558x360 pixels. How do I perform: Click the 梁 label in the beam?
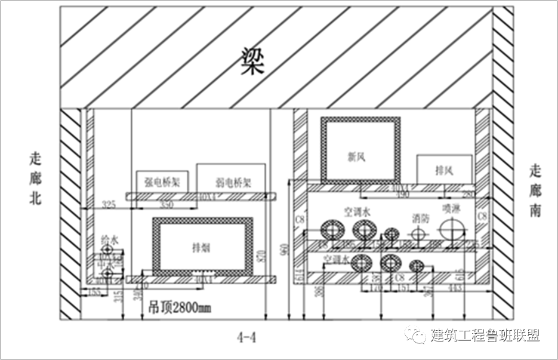point(252,61)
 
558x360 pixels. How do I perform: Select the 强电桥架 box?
point(162,180)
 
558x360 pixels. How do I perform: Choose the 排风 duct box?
point(444,170)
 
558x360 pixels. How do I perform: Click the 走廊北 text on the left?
point(36,179)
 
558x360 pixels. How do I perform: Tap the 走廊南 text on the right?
point(535,190)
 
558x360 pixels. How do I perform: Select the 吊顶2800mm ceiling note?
point(179,309)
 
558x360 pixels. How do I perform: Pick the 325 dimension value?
point(109,204)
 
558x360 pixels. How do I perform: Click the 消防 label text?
point(421,219)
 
